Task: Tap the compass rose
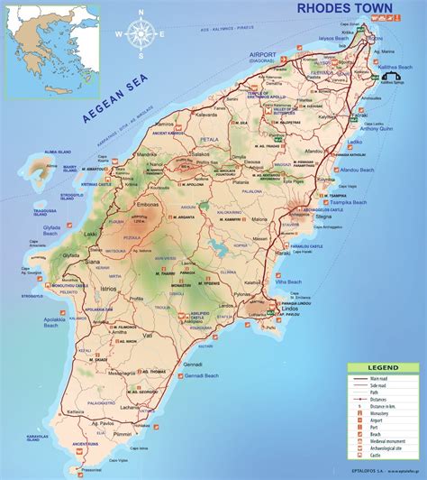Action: click(139, 32)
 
